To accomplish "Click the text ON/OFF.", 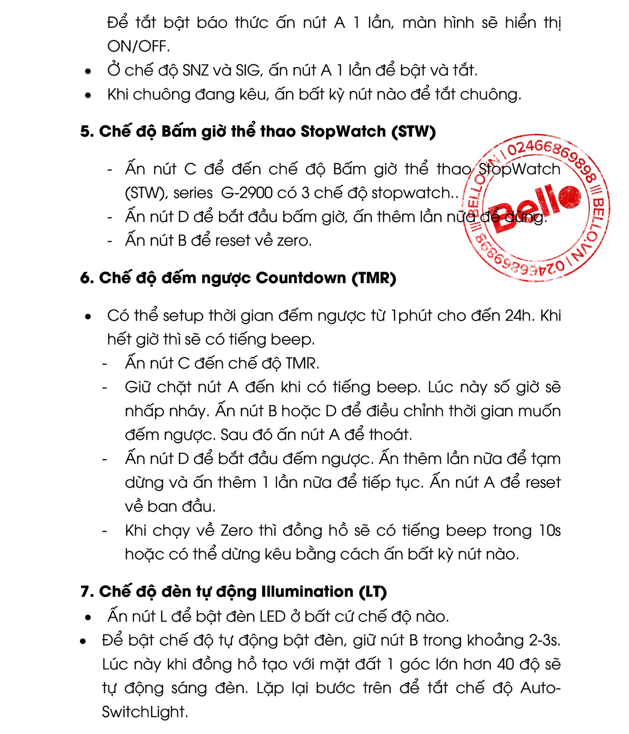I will click(x=138, y=47).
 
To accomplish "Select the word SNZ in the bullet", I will click(x=196, y=70).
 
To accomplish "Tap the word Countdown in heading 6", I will click(x=301, y=278).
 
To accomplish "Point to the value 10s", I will click(x=550, y=530).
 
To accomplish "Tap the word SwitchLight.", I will click(x=145, y=712).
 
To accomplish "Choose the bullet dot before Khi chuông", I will click(x=88, y=95).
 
